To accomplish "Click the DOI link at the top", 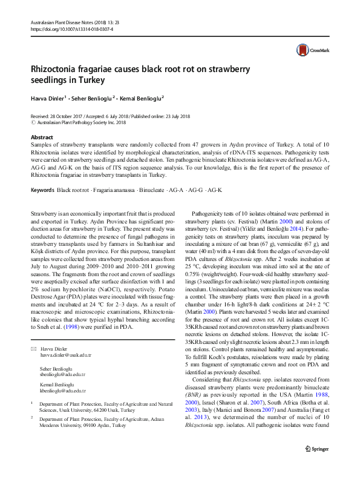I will click(x=71, y=28).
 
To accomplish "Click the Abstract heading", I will click(x=42, y=137).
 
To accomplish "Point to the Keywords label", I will click(x=42, y=191).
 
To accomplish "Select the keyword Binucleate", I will click(x=153, y=191).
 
